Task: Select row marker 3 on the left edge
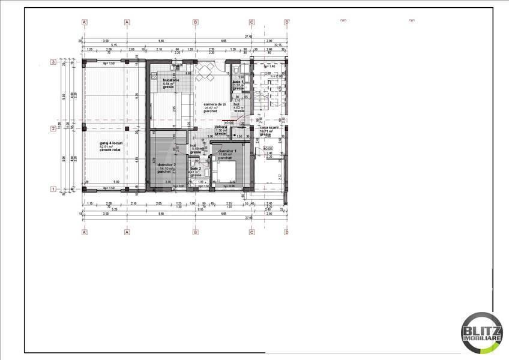coord(53,61)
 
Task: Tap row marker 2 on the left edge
coord(53,128)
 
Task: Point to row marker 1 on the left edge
coord(53,189)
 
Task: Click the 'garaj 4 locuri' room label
coord(112,143)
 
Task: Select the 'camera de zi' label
coord(215,104)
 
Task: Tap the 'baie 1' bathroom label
coord(238,81)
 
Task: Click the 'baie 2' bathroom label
coord(196,169)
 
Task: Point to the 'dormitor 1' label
coord(227,151)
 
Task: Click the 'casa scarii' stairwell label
coord(268,127)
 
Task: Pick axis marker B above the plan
coord(196,22)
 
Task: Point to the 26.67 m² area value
coord(210,107)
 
